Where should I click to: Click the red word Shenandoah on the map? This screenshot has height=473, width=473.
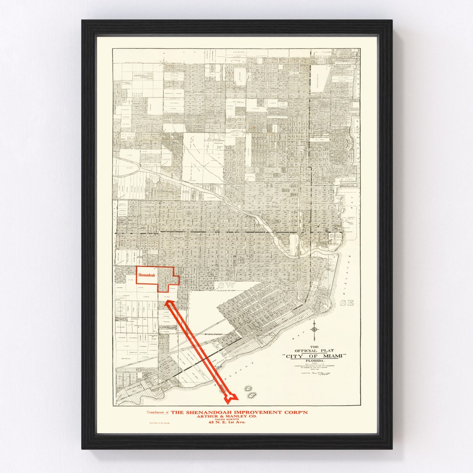[x=146, y=276]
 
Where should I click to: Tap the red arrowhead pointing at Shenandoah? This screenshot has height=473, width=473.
[x=168, y=303]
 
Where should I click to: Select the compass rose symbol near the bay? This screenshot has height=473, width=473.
[x=314, y=328]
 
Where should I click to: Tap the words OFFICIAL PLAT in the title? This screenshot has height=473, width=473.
[x=314, y=350]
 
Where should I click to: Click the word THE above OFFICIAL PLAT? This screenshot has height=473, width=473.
[x=314, y=346]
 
